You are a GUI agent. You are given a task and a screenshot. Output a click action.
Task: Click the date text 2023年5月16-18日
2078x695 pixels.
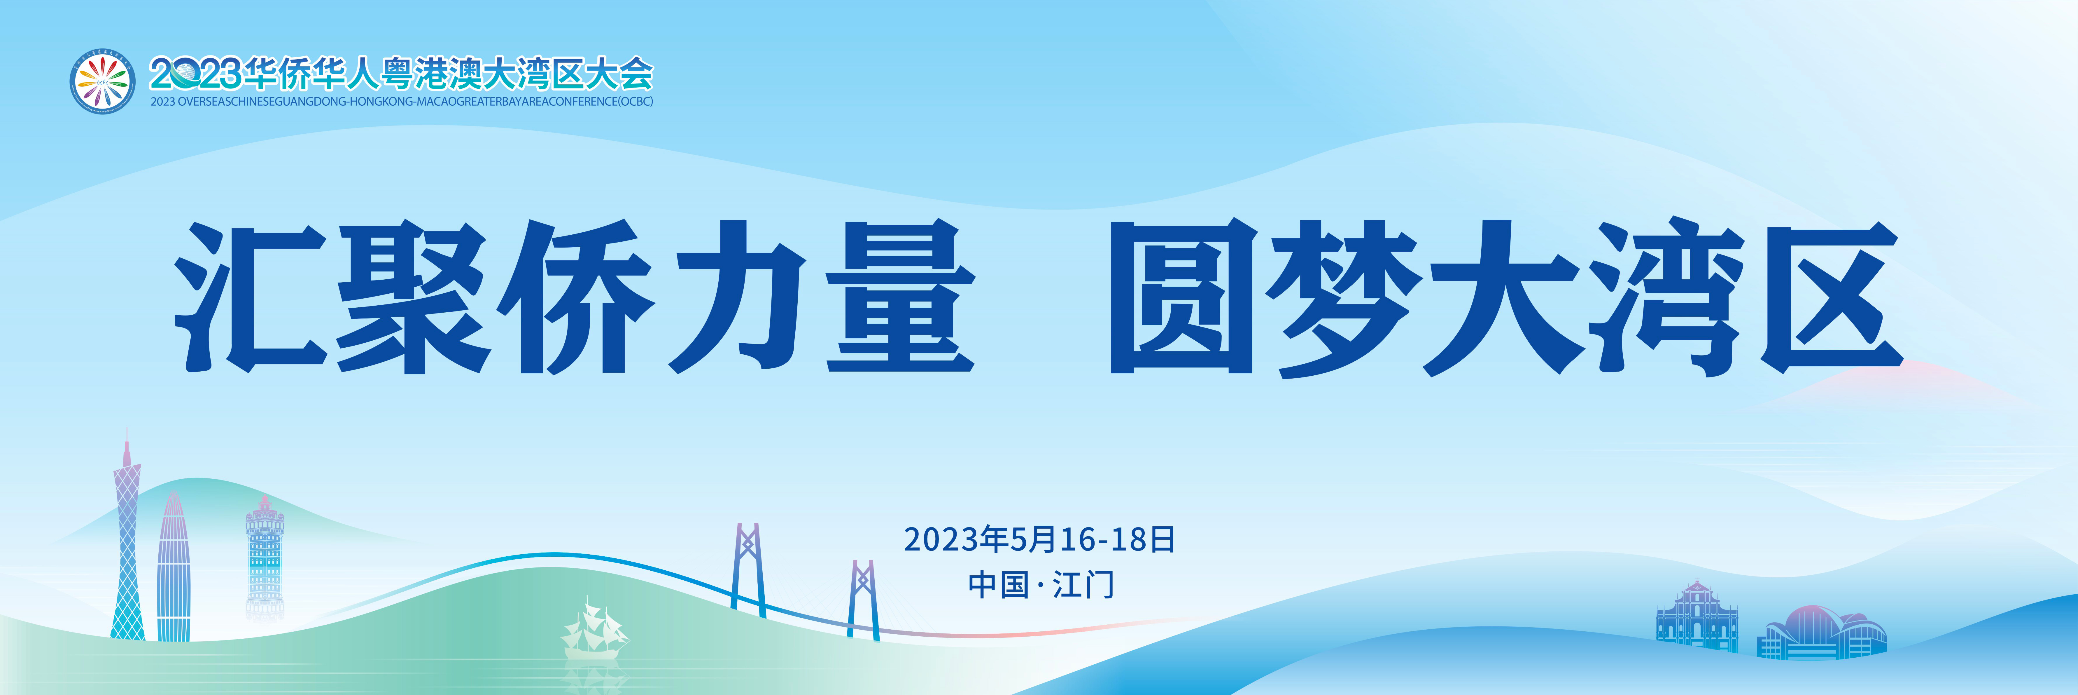point(1039,540)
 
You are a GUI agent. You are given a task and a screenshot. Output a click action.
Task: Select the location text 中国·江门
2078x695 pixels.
point(1041,584)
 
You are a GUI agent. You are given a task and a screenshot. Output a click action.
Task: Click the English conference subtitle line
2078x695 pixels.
point(402,102)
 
